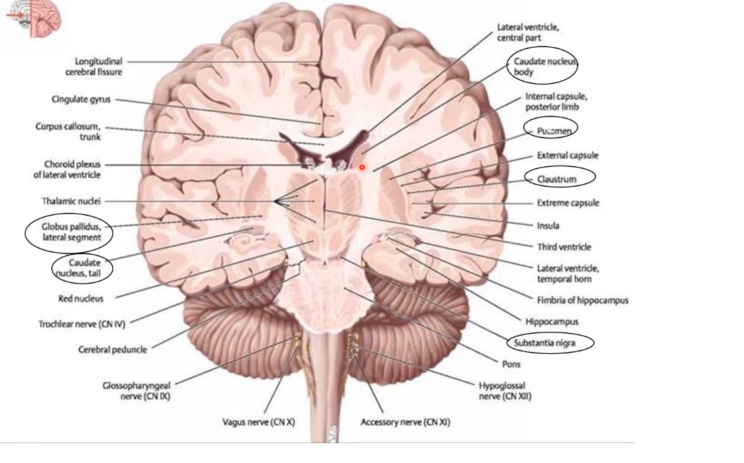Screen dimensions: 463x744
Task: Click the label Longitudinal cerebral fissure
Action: point(98,66)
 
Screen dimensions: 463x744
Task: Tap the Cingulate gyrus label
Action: point(82,100)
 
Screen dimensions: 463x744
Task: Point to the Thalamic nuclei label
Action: point(71,201)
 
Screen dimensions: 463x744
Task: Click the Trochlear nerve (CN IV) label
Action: point(81,324)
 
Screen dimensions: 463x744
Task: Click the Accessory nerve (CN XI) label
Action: point(405,422)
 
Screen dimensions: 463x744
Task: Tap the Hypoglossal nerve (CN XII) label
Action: point(504,390)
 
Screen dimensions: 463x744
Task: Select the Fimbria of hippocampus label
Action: point(582,300)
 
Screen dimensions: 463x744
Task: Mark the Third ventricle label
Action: point(564,247)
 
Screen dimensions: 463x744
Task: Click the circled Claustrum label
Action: point(557,179)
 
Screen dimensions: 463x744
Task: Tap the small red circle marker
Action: point(362,167)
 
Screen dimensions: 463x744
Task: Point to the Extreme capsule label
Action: point(568,203)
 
